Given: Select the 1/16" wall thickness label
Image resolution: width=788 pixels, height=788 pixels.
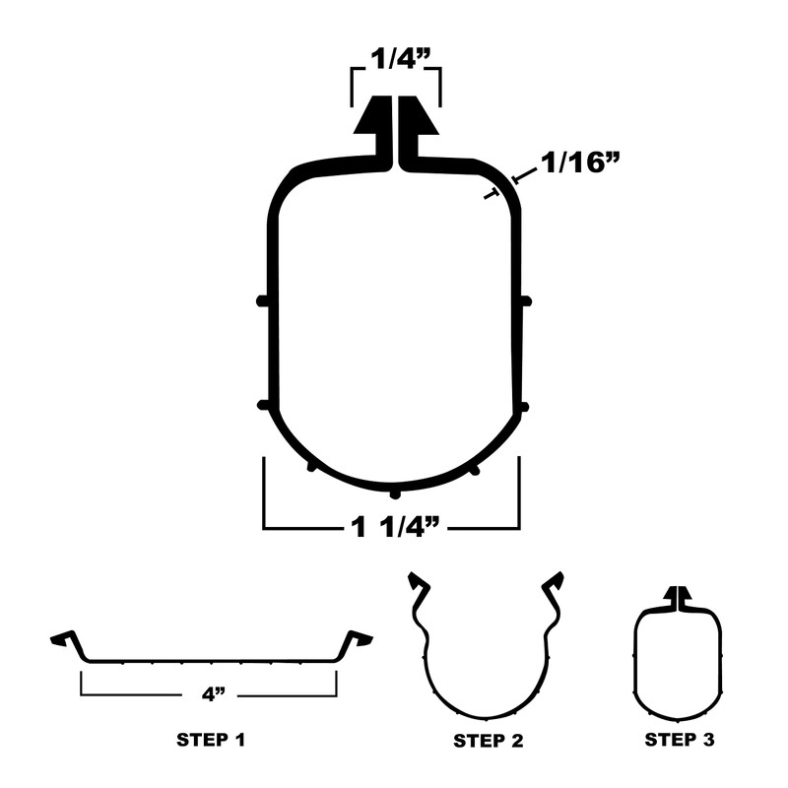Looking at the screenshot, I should (x=576, y=164).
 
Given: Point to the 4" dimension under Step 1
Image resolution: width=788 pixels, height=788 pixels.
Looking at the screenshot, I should (x=209, y=694).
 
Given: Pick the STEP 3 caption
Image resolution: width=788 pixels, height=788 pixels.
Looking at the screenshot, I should (x=678, y=739).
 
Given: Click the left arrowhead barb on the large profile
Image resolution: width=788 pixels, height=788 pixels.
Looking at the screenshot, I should (x=372, y=119).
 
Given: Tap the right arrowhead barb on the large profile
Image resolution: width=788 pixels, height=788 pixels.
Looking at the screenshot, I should (x=420, y=119).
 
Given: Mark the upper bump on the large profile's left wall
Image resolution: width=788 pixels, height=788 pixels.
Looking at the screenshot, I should (x=262, y=300).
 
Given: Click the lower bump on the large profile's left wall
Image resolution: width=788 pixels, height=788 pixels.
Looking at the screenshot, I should (x=262, y=405).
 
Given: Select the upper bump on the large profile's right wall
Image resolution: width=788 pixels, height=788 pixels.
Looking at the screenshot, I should (x=526, y=300).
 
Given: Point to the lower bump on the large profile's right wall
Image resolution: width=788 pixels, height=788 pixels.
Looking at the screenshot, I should (x=524, y=406).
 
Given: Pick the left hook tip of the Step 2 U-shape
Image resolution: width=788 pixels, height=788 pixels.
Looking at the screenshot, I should (x=419, y=582).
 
